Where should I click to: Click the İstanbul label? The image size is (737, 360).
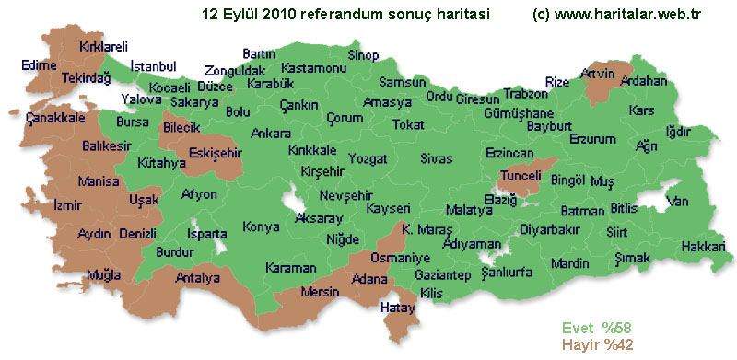tap(153, 66)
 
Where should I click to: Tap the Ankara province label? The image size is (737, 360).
tap(271, 134)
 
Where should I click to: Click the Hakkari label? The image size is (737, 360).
tap(704, 246)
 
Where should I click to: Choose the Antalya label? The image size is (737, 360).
tap(198, 277)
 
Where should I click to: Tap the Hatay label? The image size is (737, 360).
tap(399, 307)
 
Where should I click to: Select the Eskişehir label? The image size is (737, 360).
tap(214, 152)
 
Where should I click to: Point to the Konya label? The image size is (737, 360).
tap(261, 226)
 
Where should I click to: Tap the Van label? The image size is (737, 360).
tap(678, 201)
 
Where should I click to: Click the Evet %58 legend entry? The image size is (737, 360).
tap(599, 328)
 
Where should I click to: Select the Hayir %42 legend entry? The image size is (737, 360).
tap(599, 345)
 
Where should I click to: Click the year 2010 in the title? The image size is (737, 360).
tap(278, 14)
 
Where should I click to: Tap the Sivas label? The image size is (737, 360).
tap(436, 158)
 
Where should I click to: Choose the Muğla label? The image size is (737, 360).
tap(102, 275)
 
